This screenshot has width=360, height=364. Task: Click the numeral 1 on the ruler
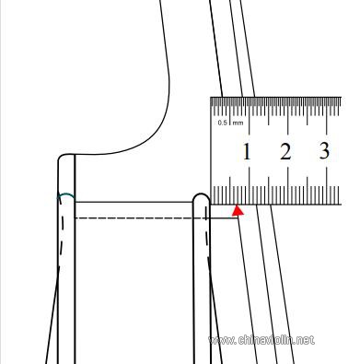(x=247, y=152)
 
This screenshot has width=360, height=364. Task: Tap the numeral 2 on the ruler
(x=285, y=151)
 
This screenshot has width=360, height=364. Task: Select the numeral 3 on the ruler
(x=324, y=151)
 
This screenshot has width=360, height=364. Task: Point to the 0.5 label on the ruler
(x=223, y=123)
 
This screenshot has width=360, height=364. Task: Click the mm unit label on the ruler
(x=238, y=123)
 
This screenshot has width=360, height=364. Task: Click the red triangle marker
(x=238, y=211)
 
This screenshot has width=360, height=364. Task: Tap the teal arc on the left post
(x=66, y=195)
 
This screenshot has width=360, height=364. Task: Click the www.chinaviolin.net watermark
(x=261, y=340)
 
